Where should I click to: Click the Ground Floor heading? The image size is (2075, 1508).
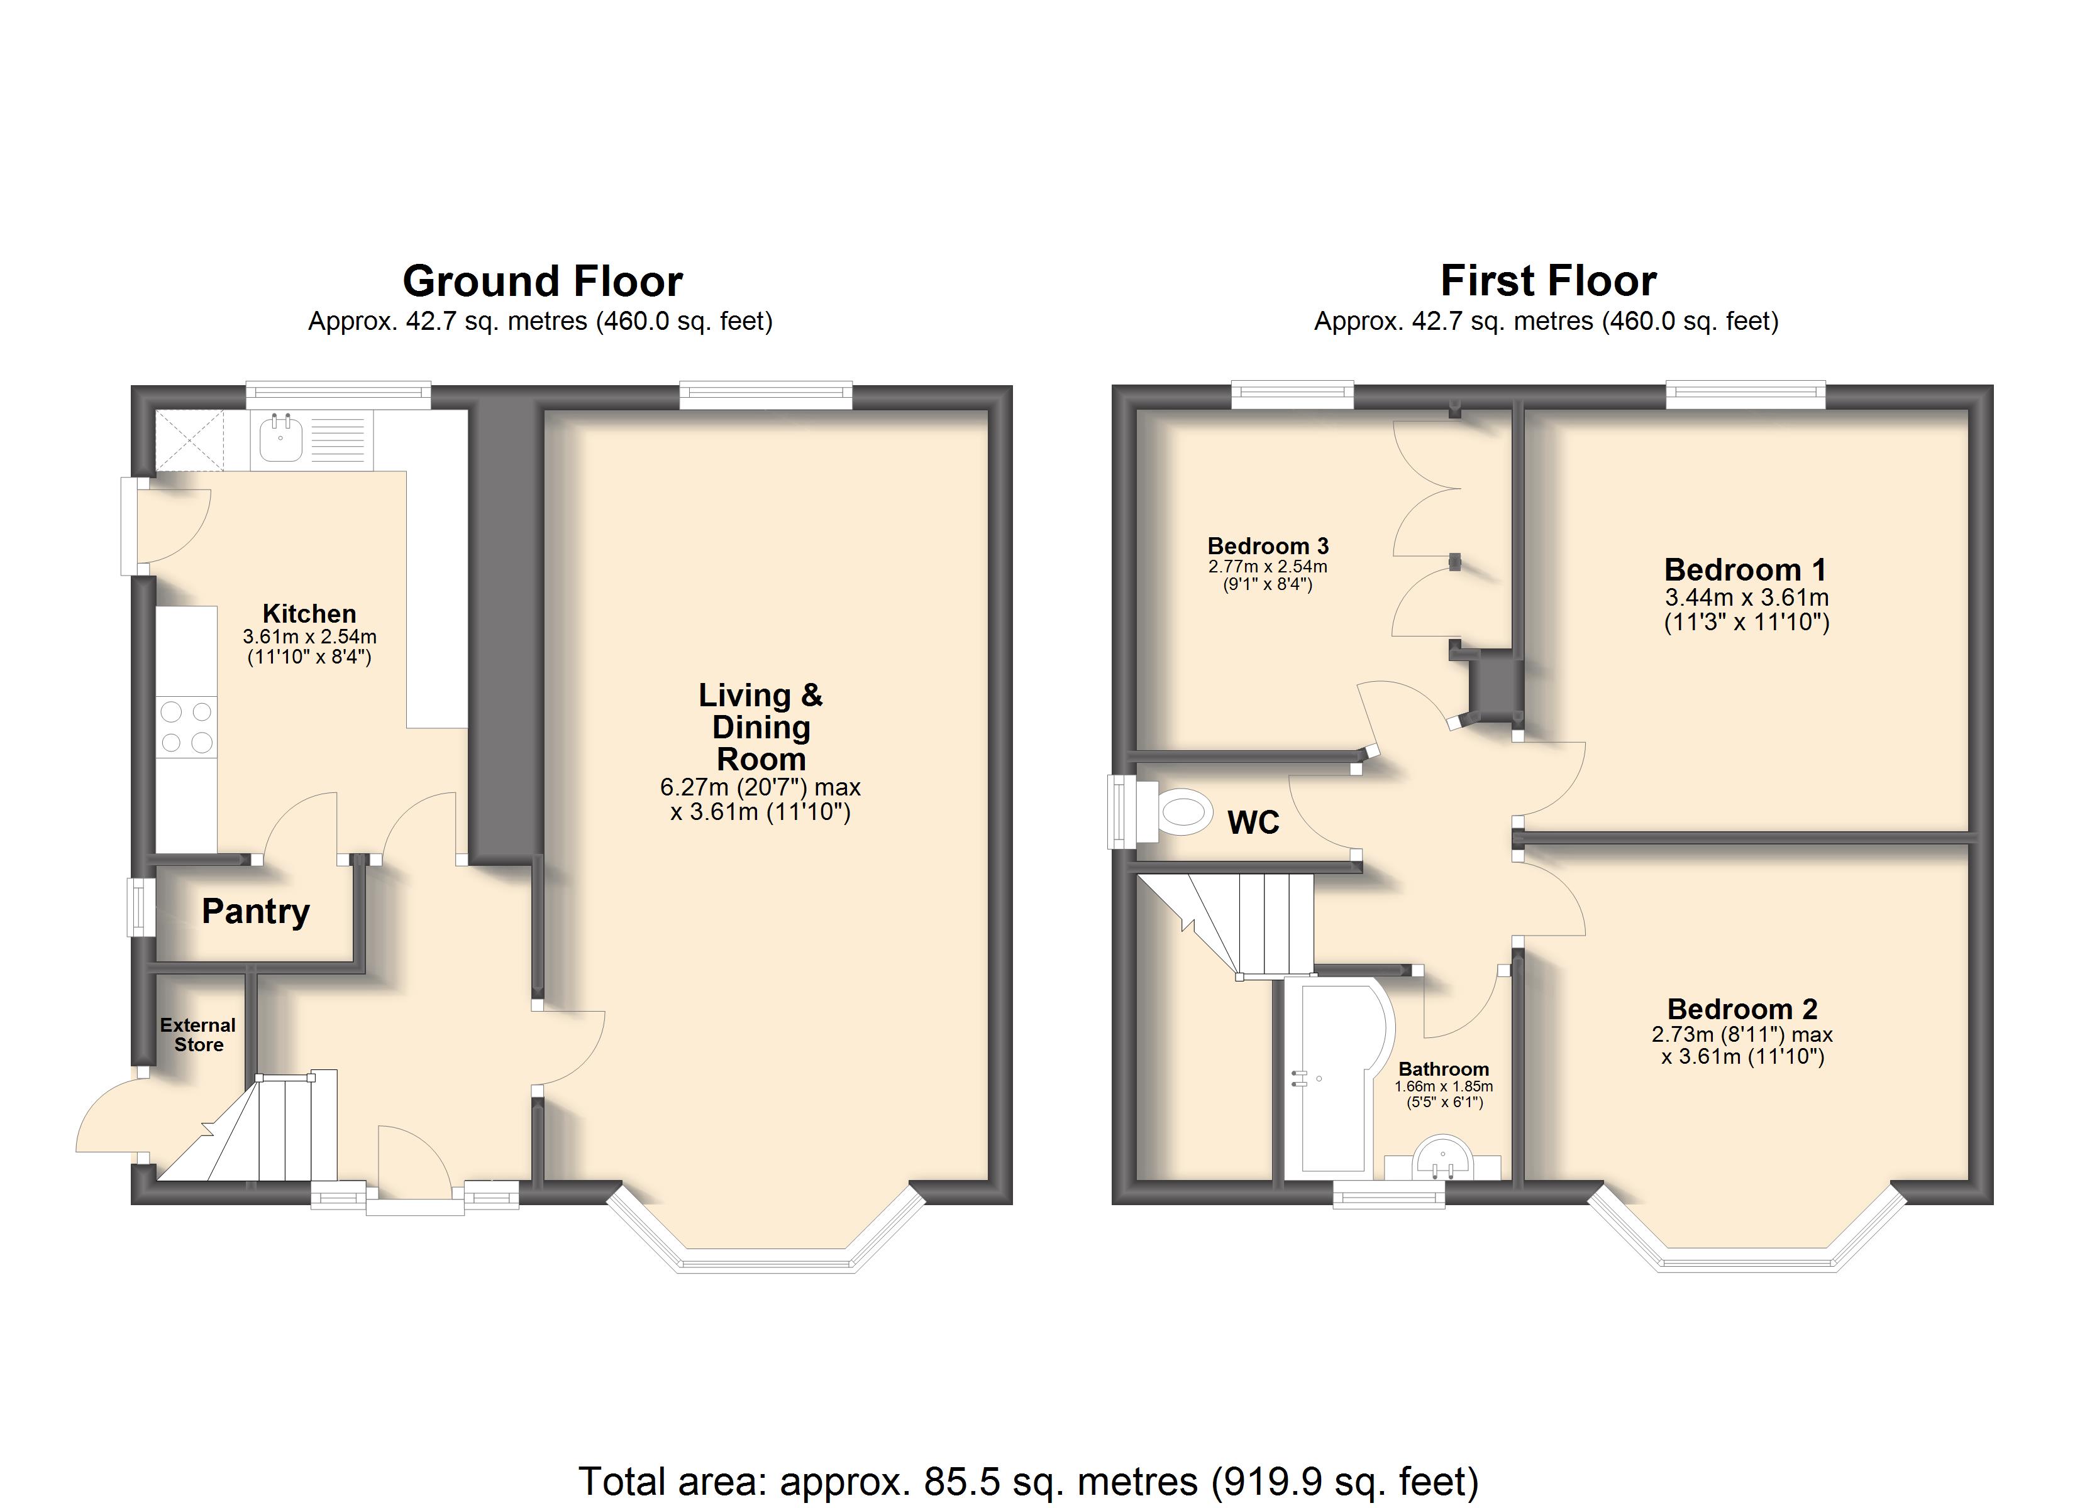(x=543, y=281)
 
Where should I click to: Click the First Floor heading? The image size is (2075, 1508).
(x=1548, y=281)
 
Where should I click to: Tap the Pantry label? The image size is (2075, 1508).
(x=255, y=911)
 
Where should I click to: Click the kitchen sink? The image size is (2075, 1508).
(x=281, y=437)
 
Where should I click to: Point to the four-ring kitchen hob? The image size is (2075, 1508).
(x=187, y=727)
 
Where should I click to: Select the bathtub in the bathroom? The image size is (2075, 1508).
(x=1337, y=1080)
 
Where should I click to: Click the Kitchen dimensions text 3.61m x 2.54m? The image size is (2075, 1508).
(x=309, y=637)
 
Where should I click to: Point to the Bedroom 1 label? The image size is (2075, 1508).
(x=1745, y=570)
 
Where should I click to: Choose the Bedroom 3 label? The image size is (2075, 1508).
(x=1268, y=546)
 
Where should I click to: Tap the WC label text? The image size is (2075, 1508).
(x=1253, y=822)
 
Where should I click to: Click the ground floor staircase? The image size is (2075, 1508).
(x=252, y=1127)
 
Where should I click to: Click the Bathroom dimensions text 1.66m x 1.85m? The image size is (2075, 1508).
(x=1443, y=1086)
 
